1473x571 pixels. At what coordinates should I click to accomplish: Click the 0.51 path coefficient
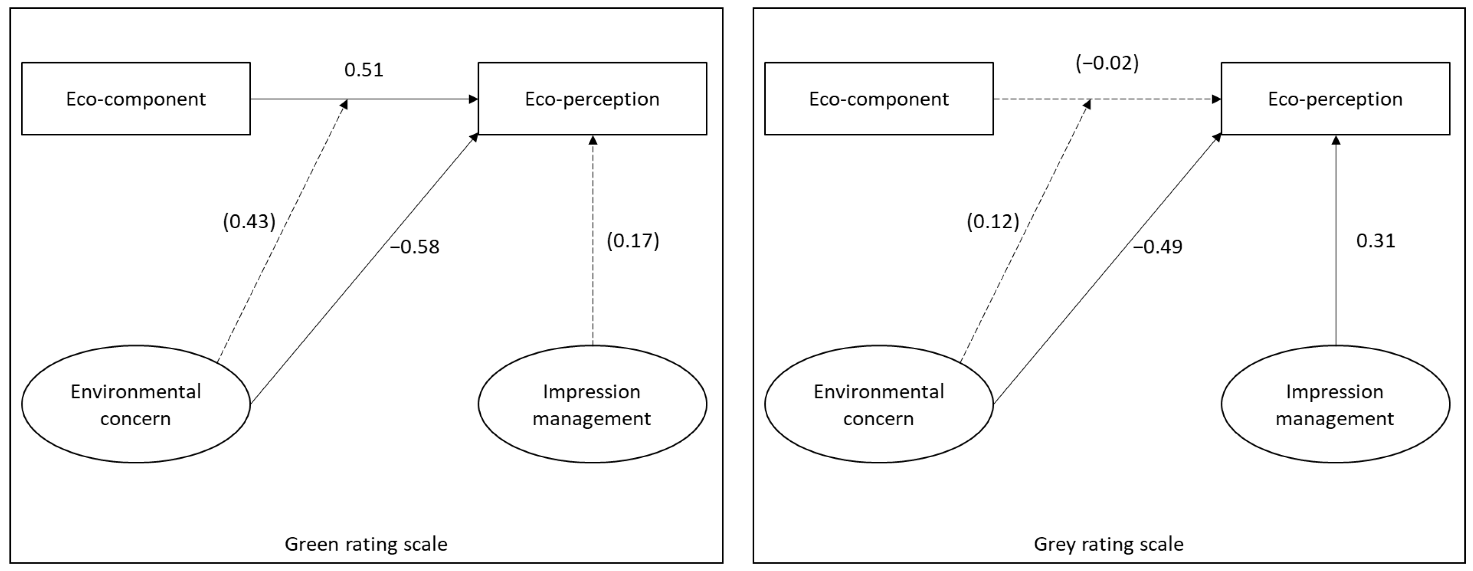pos(364,70)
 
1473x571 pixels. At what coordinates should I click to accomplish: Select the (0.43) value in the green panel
pos(249,221)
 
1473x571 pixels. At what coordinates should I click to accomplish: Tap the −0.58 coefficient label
pos(415,247)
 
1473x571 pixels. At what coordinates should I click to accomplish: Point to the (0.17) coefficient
pos(632,241)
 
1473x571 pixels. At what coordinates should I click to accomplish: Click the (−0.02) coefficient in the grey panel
pos(1107,63)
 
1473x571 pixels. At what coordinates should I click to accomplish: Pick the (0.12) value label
pos(993,221)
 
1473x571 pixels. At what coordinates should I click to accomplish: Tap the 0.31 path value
pos(1375,241)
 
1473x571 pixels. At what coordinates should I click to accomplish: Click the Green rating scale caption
pos(366,543)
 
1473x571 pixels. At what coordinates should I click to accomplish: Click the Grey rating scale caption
pos(1108,543)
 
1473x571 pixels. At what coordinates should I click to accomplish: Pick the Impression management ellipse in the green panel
pos(592,404)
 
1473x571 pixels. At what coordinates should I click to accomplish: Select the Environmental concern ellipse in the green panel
pos(135,404)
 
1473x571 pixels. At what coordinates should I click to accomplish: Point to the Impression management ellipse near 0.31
pos(1335,404)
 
